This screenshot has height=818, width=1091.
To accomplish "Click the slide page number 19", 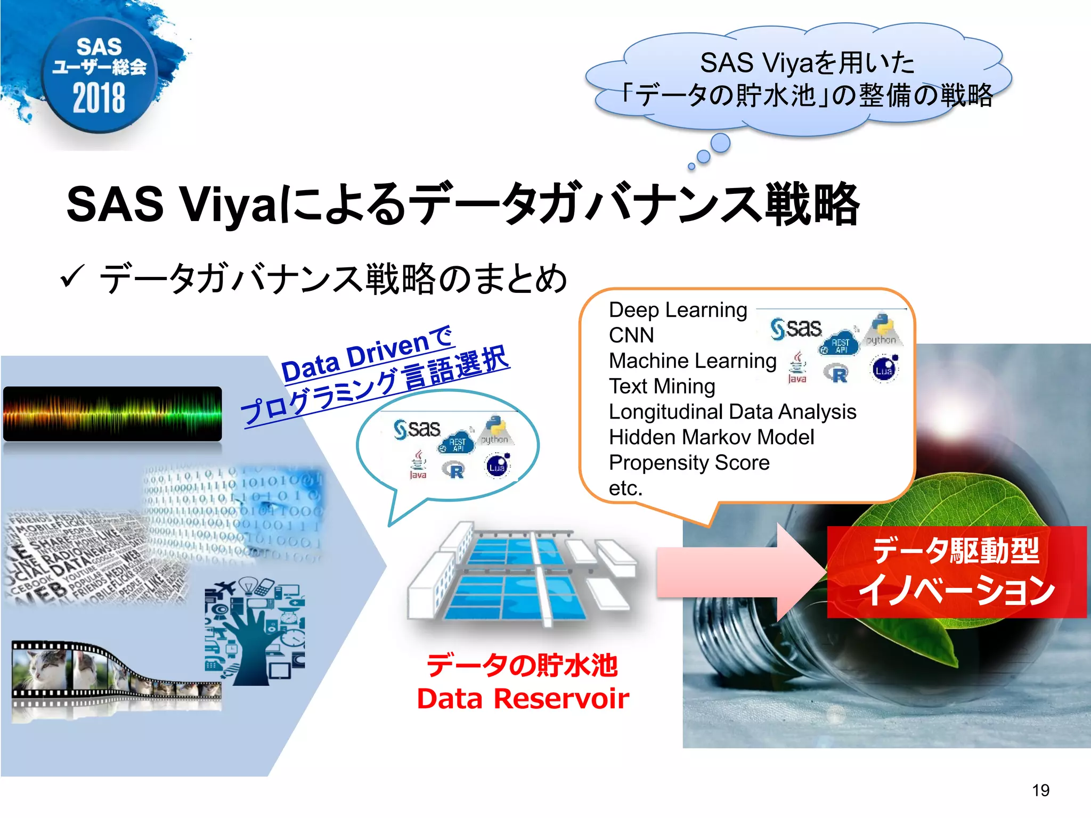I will (x=1040, y=790).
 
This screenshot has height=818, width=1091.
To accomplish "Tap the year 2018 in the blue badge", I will (x=99, y=99).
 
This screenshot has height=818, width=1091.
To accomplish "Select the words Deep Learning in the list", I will (x=678, y=310).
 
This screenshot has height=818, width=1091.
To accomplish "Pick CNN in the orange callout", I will (x=631, y=336).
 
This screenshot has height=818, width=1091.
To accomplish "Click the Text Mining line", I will (x=662, y=387).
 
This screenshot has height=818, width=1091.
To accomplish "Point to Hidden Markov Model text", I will (x=711, y=437).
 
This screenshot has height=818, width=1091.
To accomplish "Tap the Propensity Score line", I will (x=689, y=463).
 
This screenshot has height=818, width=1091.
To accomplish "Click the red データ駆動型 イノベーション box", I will (x=956, y=572).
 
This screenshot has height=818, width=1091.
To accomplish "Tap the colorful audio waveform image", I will (x=112, y=414).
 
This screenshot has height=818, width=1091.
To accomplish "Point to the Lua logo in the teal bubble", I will (x=498, y=466).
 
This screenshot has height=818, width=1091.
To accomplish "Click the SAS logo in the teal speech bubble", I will (x=417, y=429).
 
